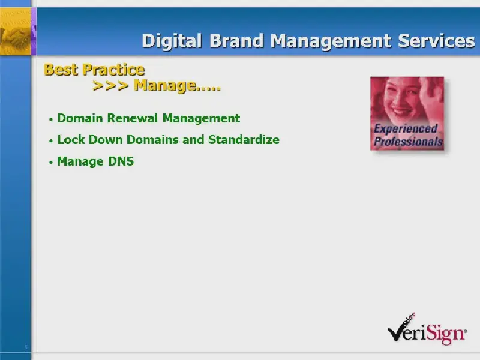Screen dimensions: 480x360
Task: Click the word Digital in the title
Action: [172, 41]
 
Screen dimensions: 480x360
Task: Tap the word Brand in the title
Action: [236, 40]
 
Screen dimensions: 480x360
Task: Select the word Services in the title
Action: [437, 41]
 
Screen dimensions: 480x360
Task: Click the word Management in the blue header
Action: [331, 41]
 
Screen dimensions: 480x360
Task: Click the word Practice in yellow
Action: [113, 70]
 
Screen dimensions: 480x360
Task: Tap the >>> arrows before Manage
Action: [110, 86]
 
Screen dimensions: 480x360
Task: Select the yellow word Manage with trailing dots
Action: [177, 86]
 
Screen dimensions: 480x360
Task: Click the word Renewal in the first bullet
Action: [133, 118]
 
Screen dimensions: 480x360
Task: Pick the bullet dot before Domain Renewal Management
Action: [51, 119]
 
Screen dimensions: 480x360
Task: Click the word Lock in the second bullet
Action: [71, 140]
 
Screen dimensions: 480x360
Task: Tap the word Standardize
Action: [244, 140]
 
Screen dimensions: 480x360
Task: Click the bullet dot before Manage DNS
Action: [51, 163]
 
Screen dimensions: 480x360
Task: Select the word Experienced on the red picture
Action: [406, 129]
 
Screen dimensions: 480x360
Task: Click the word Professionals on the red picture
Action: [409, 142]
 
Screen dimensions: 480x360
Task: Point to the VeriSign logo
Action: [428, 329]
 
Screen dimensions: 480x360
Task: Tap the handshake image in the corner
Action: [16, 32]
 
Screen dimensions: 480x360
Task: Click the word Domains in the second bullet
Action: [152, 140]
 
